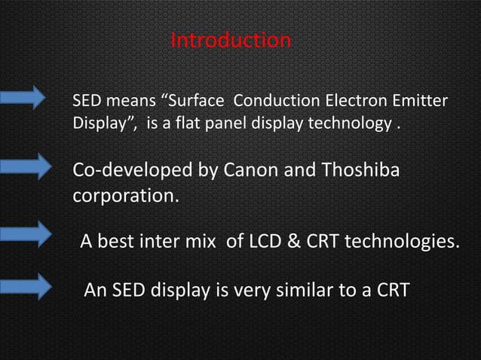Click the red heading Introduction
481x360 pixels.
coord(231,40)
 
